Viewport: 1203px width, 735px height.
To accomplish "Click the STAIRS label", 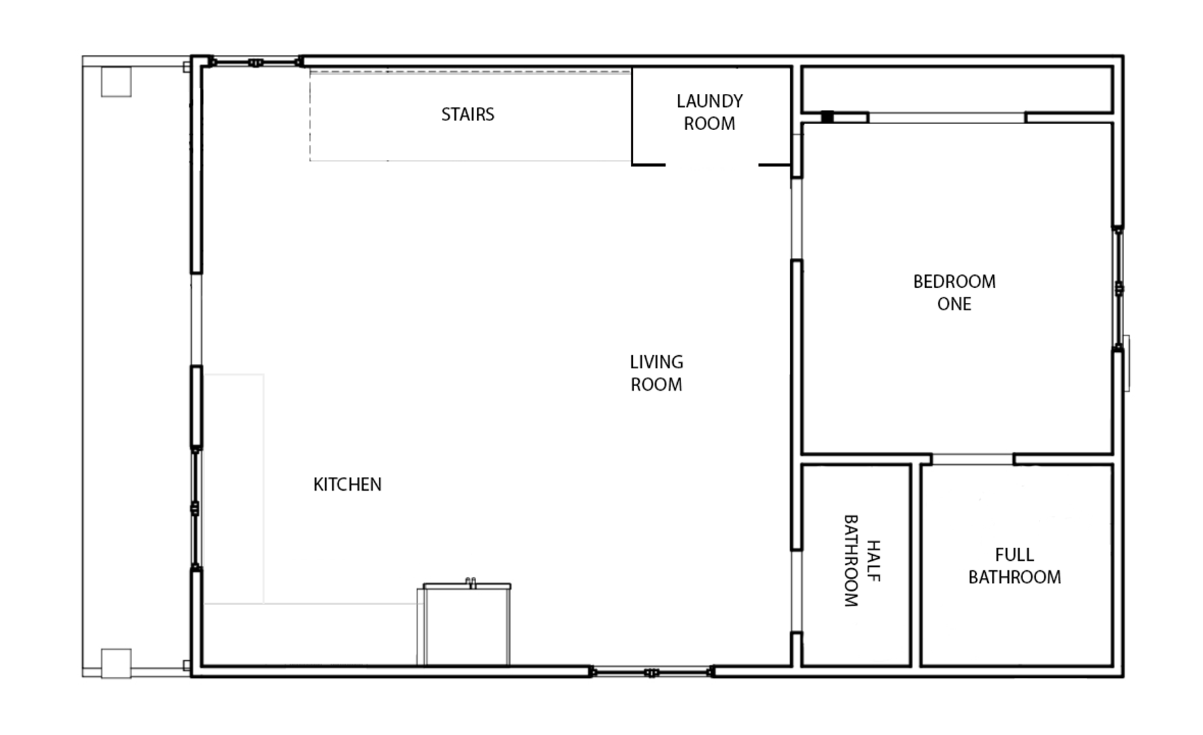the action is [467, 114].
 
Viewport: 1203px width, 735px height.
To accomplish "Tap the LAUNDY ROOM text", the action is [709, 112].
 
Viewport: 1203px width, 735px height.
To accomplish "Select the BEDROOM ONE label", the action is [954, 293].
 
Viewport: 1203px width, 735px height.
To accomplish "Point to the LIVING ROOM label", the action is [656, 373].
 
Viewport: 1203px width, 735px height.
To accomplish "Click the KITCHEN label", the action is [347, 485].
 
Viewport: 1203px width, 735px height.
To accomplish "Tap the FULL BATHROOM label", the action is [1014, 566].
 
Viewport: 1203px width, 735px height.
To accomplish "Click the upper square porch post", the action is [116, 82].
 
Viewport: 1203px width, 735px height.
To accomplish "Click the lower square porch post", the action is [116, 664].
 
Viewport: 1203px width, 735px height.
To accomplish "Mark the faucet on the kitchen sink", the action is [470, 582].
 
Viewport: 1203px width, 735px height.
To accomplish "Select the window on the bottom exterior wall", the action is [651, 672].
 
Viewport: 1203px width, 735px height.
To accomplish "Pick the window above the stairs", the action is [255, 63].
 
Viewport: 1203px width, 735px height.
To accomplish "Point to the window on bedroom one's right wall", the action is [1119, 289].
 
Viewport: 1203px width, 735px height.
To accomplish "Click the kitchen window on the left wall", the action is [196, 508].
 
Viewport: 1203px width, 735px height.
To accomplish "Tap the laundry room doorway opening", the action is [712, 164].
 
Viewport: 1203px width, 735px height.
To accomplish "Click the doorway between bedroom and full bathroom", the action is [972, 459].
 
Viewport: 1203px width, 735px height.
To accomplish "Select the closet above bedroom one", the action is [957, 89].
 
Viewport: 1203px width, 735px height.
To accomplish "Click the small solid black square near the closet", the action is [827, 117].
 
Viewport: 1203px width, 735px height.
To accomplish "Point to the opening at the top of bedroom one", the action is [946, 118].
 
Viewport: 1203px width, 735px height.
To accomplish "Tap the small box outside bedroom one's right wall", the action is [1127, 363].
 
